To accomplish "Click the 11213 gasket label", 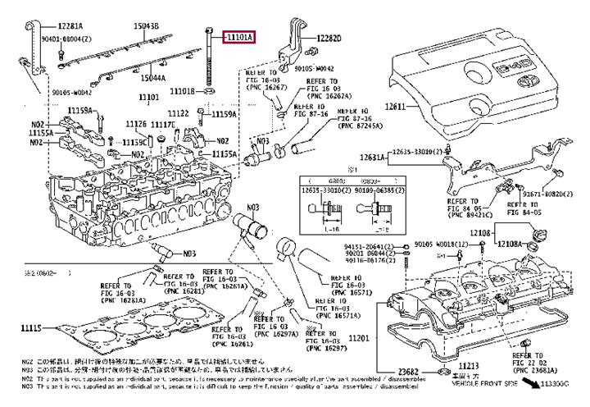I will (x=469, y=364).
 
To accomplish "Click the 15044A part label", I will (x=152, y=77).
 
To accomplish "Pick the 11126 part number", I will (x=136, y=123).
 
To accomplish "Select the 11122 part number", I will (x=179, y=113).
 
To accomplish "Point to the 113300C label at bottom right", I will (x=565, y=384).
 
